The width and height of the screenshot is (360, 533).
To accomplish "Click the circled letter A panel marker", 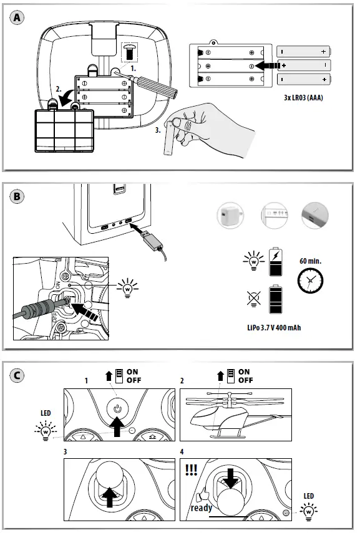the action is coord(17,17).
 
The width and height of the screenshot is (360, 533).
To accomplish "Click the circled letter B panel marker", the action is coord(17,197).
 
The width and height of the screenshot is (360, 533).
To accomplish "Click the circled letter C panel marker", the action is coord(17,376).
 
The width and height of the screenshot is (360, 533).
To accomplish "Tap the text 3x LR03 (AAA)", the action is coord(303,98).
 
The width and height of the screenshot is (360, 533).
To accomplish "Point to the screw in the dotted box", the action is coord(129,52).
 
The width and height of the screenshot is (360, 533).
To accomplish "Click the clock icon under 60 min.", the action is coord(310,281).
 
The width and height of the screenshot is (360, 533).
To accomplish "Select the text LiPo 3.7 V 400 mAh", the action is coord(274,328).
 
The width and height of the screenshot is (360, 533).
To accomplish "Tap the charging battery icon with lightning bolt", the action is coord(276,262).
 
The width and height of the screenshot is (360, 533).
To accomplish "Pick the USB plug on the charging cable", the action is coord(152,241).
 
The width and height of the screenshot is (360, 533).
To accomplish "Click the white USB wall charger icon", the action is coord(230,216).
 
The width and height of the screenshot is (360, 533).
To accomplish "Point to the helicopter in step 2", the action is coord(235,415).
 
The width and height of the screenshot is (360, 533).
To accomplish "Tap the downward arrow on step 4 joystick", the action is coord(231,478).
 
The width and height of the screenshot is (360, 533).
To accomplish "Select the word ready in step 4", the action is coord(201,508).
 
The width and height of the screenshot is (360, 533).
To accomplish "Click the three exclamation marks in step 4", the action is coord(191,470).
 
